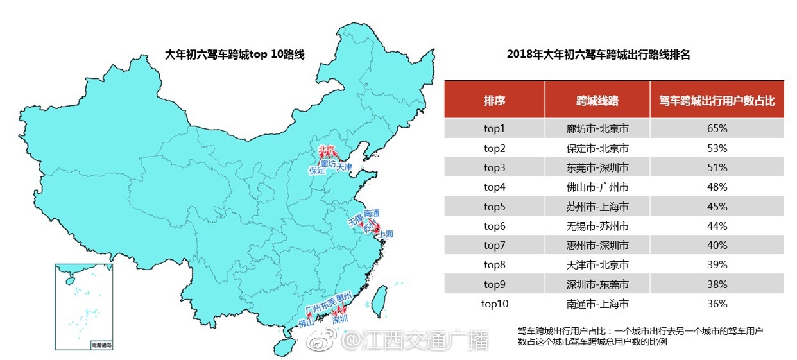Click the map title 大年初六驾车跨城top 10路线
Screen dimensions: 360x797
(235, 55)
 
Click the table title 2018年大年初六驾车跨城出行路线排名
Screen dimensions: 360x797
(598, 55)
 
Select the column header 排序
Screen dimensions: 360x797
(494, 101)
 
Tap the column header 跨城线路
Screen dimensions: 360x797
(597, 101)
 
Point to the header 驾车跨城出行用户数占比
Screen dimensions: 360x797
(717, 101)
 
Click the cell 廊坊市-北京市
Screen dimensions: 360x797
(597, 129)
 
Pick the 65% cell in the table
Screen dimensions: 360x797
(717, 129)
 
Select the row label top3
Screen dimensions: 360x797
(494, 167)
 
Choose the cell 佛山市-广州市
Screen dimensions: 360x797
(597, 187)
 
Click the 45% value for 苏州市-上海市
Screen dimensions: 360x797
(717, 207)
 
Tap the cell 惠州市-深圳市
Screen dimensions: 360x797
(597, 245)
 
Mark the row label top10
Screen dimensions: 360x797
(494, 304)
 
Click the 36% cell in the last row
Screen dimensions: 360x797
(717, 304)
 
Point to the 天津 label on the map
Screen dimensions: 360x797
(344, 167)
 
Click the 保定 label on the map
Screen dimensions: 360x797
(317, 171)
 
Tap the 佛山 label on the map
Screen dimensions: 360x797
(307, 323)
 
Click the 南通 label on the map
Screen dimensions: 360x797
(372, 213)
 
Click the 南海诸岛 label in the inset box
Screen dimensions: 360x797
(101, 345)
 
